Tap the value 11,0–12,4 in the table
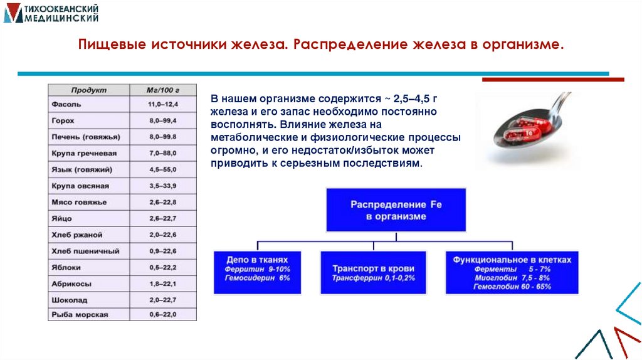click(162, 104)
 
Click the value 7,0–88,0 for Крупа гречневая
click(162, 153)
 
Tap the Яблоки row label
click(65, 267)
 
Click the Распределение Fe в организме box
click(396, 210)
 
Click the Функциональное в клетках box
click(512, 272)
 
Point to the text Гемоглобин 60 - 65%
click(512, 287)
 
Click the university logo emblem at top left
click(11, 13)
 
